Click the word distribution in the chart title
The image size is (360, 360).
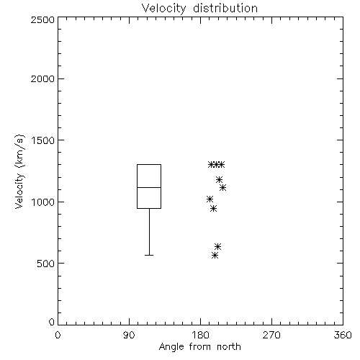[225, 8]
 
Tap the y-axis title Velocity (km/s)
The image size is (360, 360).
[19, 171]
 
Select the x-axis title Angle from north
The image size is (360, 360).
[199, 346]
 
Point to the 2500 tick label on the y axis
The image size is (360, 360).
[42, 19]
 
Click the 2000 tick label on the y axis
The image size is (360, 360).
[42, 78]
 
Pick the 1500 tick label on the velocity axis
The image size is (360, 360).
[43, 140]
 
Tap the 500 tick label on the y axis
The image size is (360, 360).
[46, 264]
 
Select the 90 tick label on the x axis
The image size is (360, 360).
[129, 335]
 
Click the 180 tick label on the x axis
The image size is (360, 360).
[200, 335]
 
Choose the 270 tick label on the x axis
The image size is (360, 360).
[271, 335]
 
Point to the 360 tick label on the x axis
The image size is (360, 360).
[343, 335]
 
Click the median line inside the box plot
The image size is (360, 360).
[149, 187]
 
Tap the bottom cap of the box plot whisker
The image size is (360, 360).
[149, 255]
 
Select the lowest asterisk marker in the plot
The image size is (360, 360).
[215, 255]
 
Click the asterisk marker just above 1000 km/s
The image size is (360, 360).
[210, 199]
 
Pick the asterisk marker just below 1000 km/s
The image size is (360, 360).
[213, 208]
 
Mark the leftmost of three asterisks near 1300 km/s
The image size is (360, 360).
[211, 165]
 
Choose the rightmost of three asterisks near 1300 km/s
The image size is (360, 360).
[221, 165]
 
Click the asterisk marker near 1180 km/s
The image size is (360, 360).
[219, 179]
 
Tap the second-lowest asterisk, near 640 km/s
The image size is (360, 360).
[217, 246]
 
